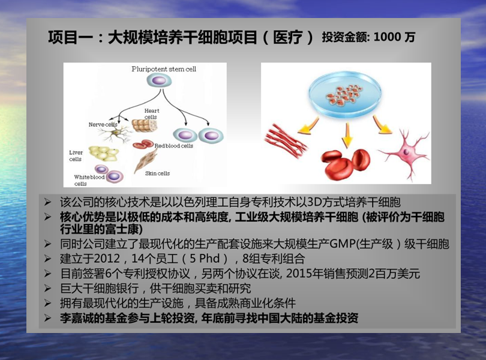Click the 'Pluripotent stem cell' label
[164, 69]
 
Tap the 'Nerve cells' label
[103, 125]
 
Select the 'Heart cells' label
[152, 114]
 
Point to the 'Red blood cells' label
[173, 146]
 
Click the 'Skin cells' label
[157, 173]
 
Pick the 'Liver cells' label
[76, 155]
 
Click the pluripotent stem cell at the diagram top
[159, 81]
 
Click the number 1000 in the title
[387, 37]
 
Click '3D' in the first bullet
[314, 202]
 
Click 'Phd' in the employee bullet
[209, 258]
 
